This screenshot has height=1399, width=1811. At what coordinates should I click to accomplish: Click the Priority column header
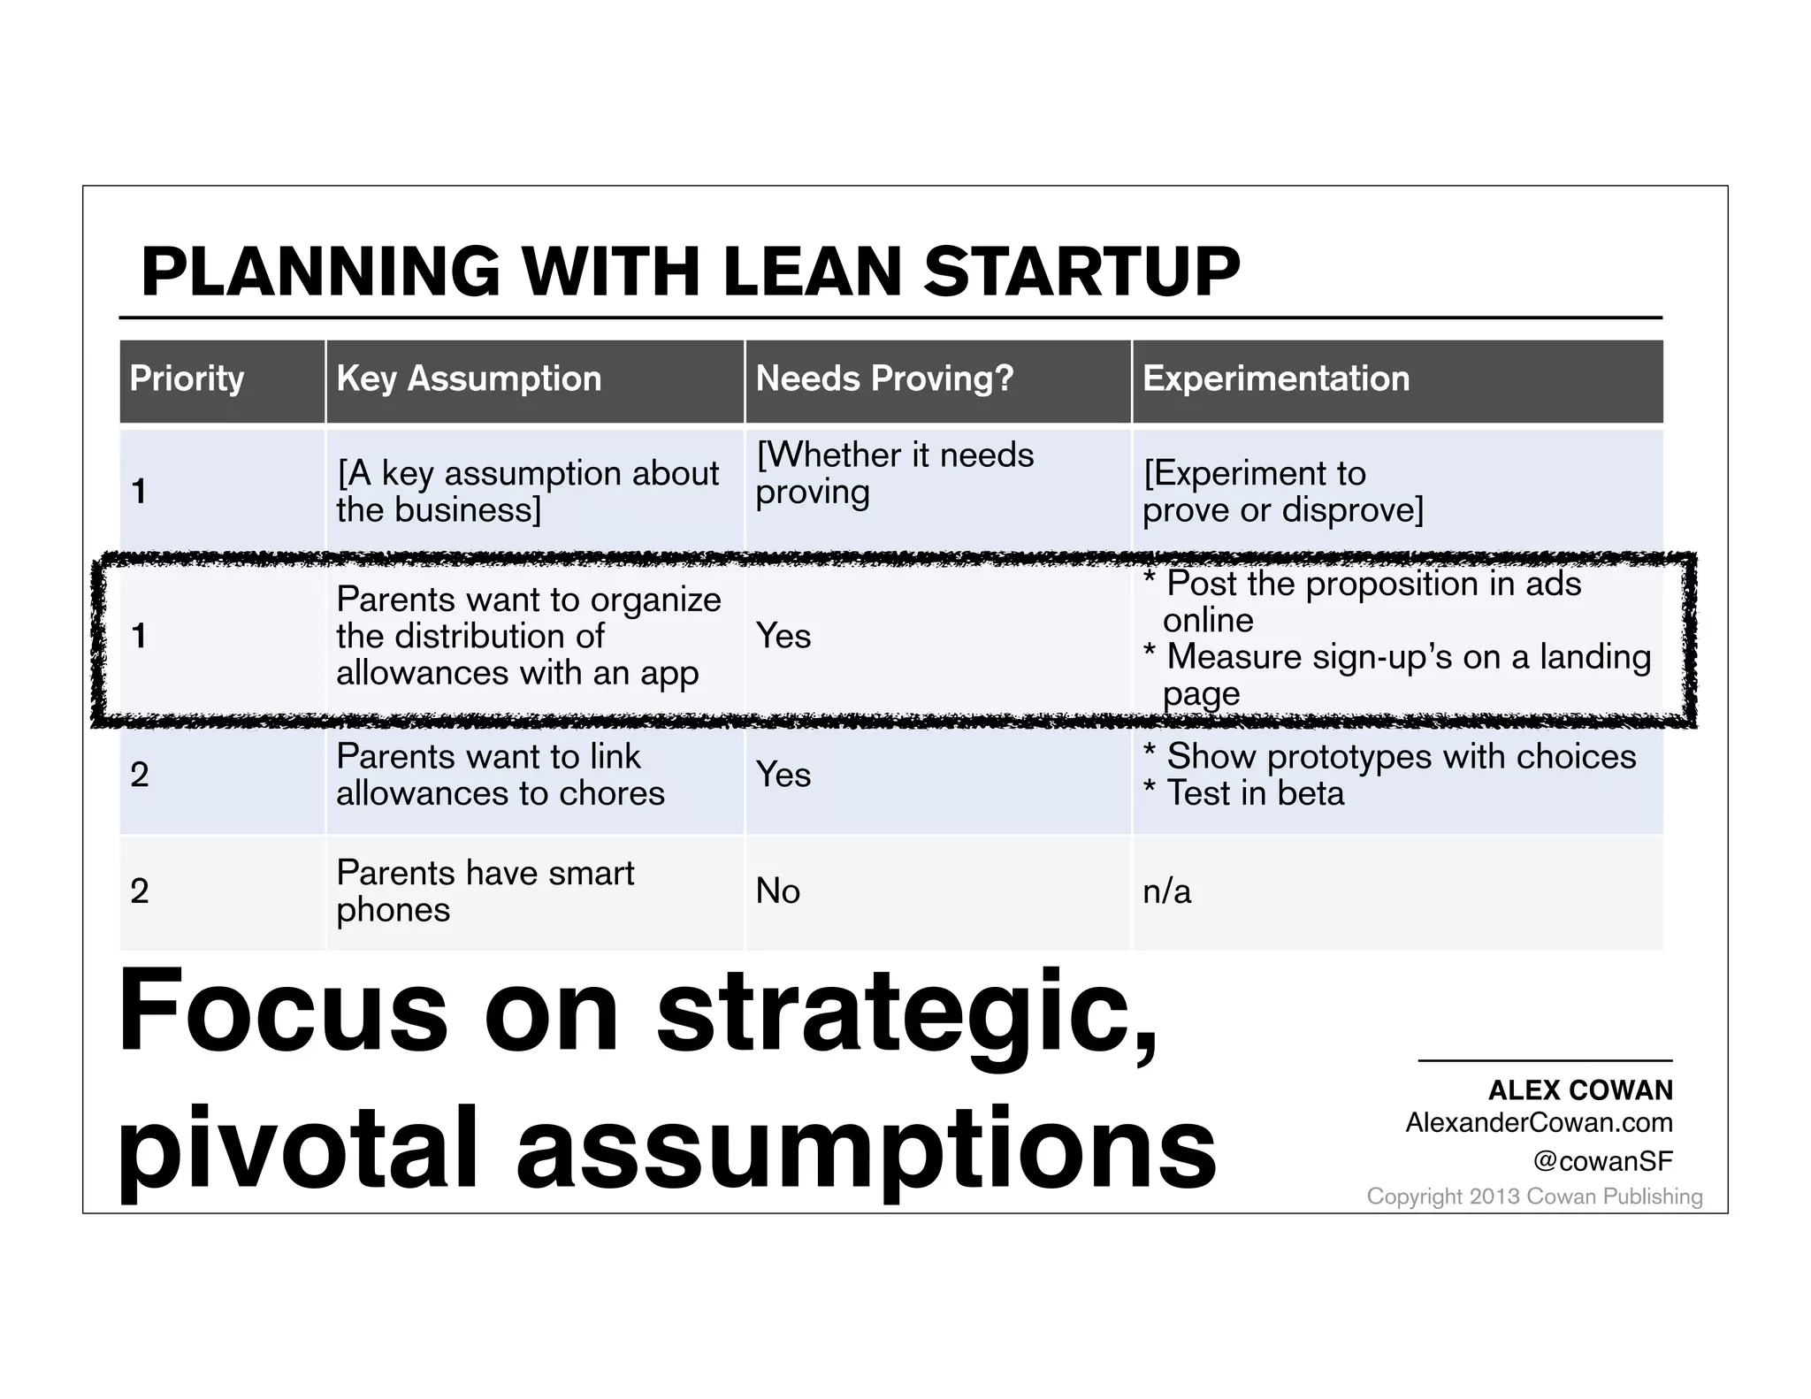187,378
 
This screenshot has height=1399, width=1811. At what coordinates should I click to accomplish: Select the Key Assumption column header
469,378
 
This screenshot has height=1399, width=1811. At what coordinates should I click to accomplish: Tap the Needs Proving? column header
884,378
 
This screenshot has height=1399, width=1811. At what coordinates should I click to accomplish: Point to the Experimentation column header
1275,378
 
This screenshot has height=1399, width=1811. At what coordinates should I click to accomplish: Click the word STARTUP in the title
1081,271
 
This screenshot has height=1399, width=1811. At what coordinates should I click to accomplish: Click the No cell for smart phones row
777,891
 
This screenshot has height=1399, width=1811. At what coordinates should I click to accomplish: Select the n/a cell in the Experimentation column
1166,891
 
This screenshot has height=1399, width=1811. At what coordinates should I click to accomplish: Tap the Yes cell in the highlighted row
783,637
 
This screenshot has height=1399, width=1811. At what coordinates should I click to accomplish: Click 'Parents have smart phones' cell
485,891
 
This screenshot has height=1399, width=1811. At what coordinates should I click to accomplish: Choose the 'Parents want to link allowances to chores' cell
500,775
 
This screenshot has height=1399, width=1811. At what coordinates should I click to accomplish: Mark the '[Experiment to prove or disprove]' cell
1282,492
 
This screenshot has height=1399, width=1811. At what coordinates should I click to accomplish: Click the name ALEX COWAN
1580,1090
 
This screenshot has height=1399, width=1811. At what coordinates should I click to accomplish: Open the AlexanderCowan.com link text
1539,1123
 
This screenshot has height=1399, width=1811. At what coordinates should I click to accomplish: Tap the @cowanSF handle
1602,1161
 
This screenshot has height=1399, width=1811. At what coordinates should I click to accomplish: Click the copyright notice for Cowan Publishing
1534,1196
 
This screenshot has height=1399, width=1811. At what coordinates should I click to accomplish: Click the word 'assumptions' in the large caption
866,1148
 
